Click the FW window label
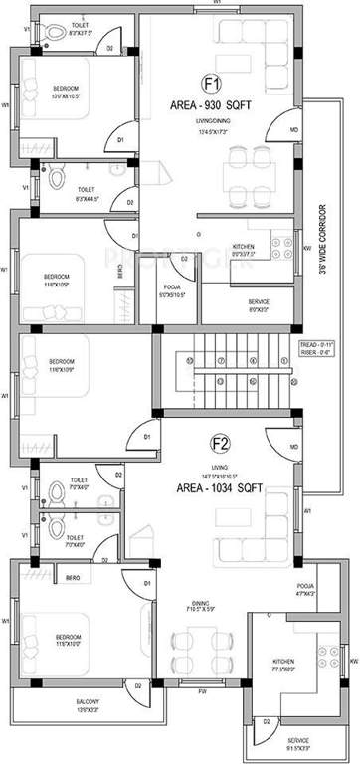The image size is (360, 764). (x=201, y=689)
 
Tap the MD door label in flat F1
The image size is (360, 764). (x=293, y=130)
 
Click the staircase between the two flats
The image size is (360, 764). (x=228, y=373)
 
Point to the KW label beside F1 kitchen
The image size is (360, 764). (x=307, y=248)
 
